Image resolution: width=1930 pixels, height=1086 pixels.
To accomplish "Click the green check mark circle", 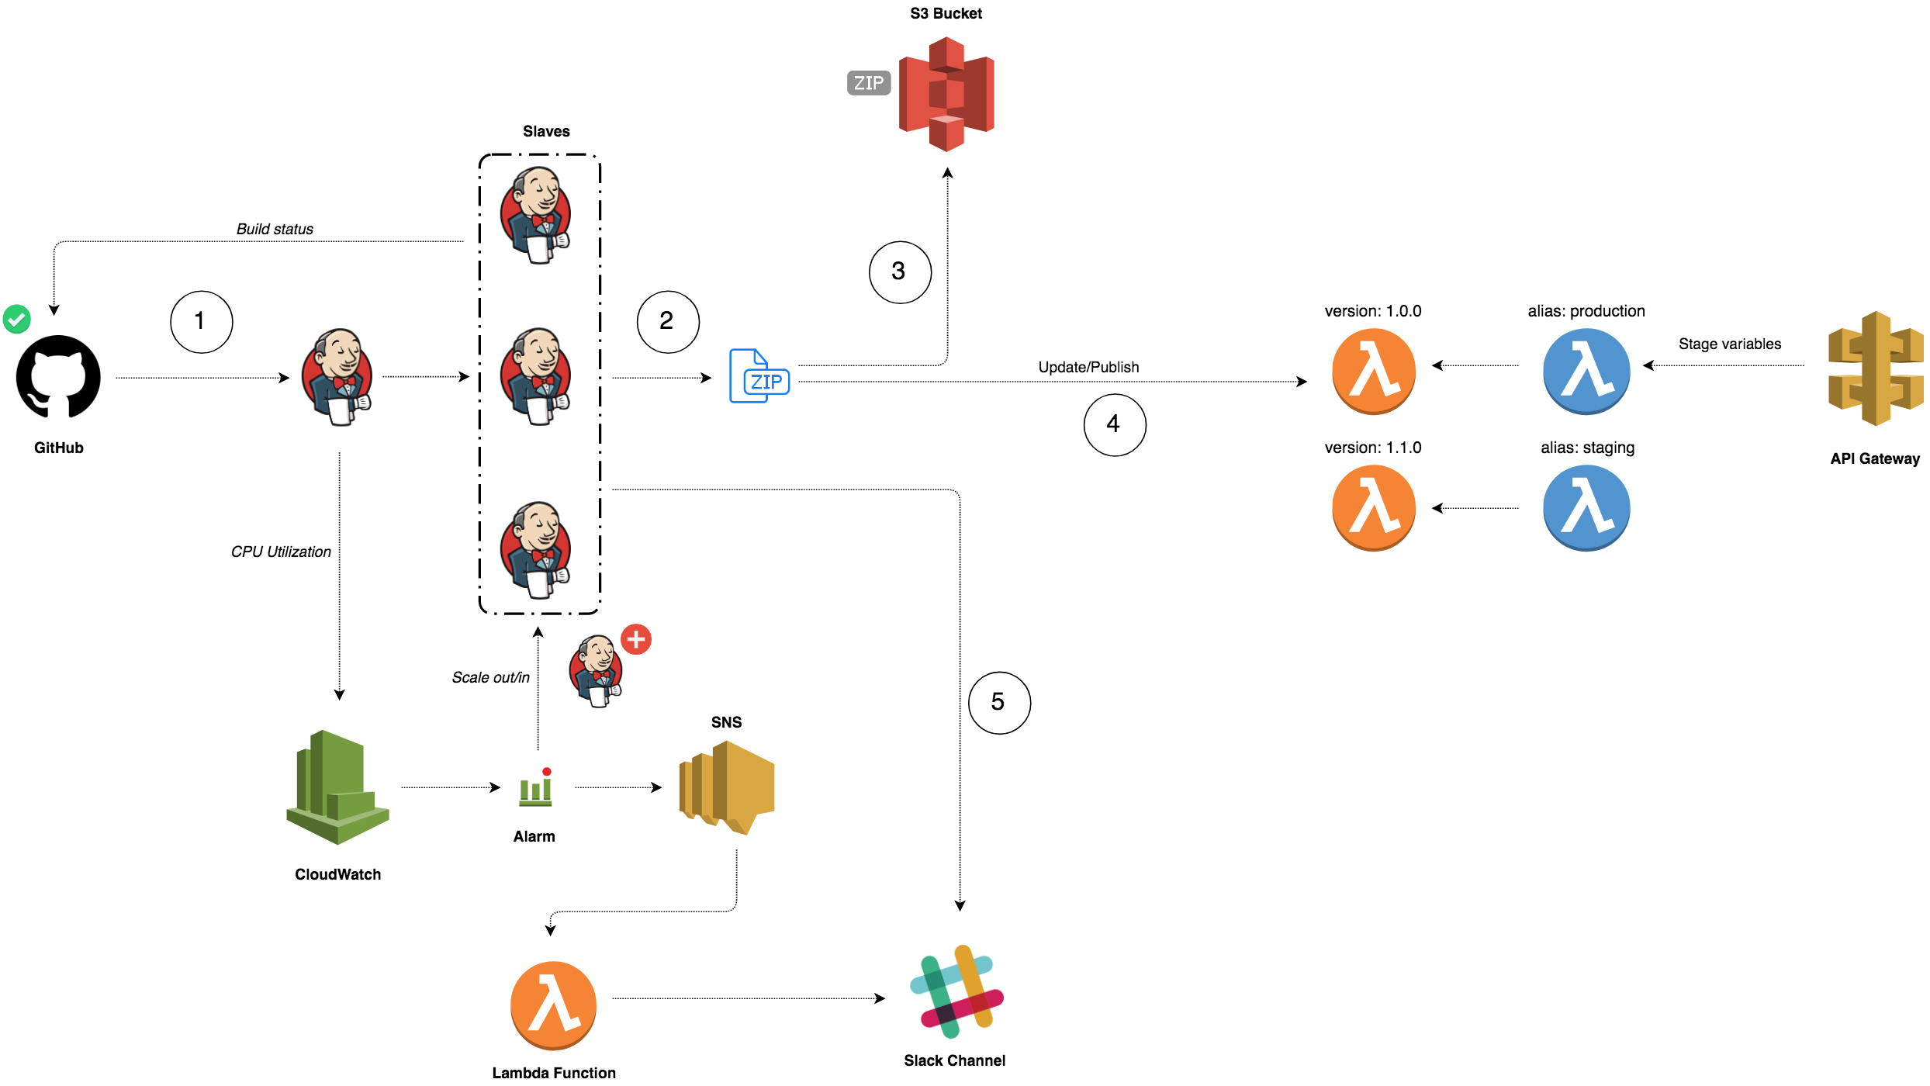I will pyautogui.click(x=16, y=319).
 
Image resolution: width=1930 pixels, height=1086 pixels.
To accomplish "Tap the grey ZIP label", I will pyautogui.click(x=869, y=83).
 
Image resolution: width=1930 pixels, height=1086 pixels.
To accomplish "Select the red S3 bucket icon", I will pyautogui.click(x=946, y=94).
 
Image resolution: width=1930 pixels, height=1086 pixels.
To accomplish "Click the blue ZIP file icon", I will pyautogui.click(x=759, y=376).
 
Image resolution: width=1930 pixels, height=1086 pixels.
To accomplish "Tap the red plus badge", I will pyautogui.click(x=636, y=639).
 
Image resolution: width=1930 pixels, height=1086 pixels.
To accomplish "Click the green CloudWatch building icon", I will pyautogui.click(x=337, y=787).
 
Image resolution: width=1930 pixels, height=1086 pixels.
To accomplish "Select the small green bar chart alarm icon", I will pyautogui.click(x=535, y=790).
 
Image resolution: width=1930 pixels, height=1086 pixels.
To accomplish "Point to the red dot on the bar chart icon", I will pyautogui.click(x=547, y=771).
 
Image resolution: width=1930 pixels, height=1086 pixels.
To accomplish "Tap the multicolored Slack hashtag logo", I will pyautogui.click(x=956, y=991).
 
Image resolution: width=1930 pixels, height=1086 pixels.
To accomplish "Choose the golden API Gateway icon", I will pyautogui.click(x=1876, y=368).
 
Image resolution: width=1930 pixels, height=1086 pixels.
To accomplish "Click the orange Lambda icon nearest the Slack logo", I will pyautogui.click(x=553, y=1005).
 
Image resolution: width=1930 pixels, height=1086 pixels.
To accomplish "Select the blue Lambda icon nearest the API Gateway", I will pyautogui.click(x=1586, y=372).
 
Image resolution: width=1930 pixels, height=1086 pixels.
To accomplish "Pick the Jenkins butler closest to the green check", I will pyautogui.click(x=337, y=377).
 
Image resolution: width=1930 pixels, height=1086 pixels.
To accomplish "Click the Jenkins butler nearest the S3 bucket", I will pyautogui.click(x=535, y=215).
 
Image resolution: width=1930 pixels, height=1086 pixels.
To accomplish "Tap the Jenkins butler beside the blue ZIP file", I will pyautogui.click(x=535, y=377).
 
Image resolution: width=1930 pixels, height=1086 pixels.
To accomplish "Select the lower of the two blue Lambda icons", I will pyautogui.click(x=1586, y=508).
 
